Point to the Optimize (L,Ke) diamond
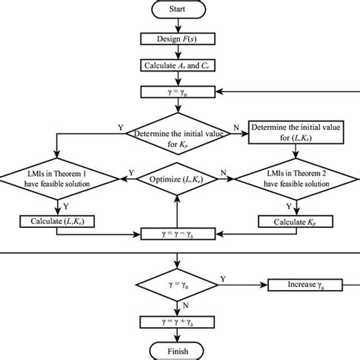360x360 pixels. pos(176,179)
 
